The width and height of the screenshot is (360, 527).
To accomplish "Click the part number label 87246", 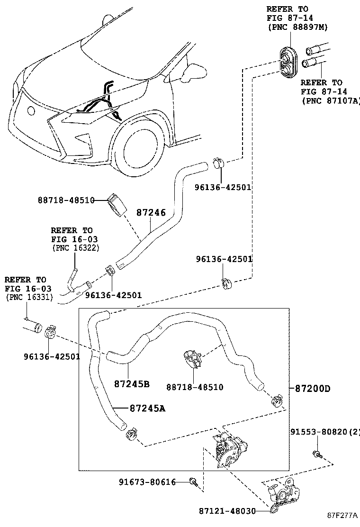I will [152, 213].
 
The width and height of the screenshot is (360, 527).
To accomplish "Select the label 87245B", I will [132, 383].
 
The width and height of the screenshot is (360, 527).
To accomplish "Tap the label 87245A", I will [147, 408].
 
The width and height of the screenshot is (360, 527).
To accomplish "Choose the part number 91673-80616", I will [147, 482].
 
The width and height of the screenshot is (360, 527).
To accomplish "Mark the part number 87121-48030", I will [227, 511].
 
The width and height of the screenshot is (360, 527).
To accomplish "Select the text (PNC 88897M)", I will [297, 27].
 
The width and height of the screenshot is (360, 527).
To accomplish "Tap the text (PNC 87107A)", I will [331, 100].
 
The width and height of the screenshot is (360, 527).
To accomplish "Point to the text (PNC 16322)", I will [75, 248].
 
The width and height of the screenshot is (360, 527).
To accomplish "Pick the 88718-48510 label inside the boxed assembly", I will [194, 388].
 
